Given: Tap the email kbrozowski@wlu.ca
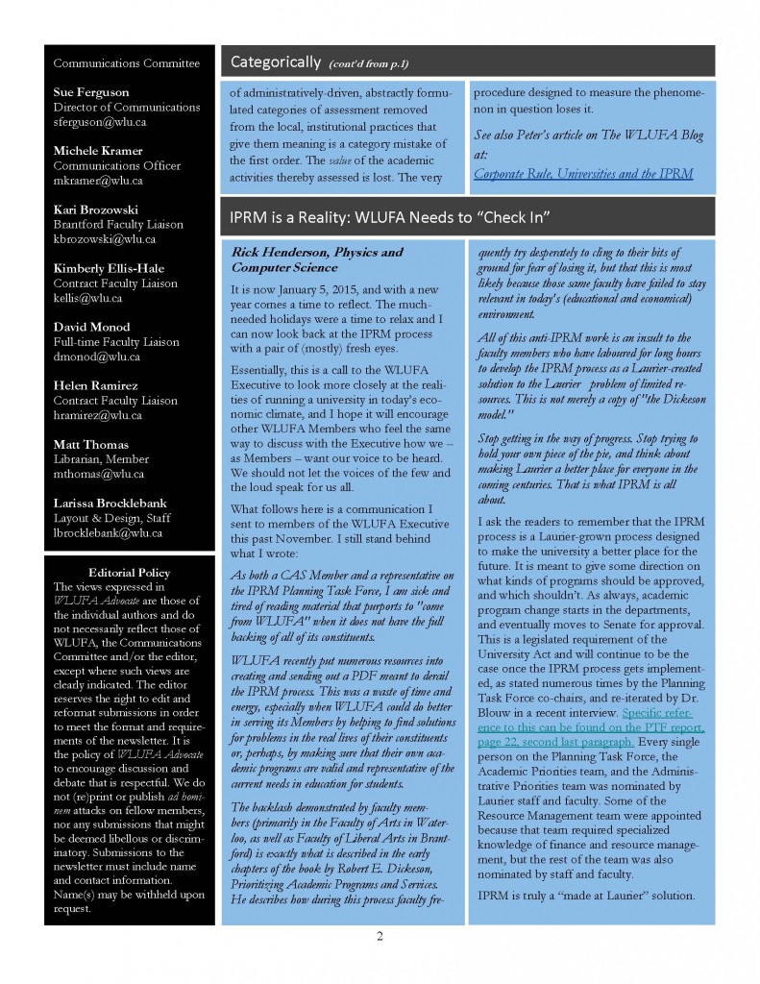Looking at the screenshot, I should [x=105, y=238].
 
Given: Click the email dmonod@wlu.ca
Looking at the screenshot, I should [x=95, y=357].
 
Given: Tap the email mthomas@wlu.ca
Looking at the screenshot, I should [x=99, y=474].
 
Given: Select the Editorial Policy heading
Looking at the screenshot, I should [x=129, y=573].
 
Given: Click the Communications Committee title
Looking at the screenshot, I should [x=126, y=63].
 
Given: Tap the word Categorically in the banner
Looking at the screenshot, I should [x=275, y=62].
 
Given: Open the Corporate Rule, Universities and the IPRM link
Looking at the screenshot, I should [x=583, y=174].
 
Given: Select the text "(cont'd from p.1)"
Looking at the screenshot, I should [x=369, y=64].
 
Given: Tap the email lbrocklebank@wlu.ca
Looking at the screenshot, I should [x=108, y=532].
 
